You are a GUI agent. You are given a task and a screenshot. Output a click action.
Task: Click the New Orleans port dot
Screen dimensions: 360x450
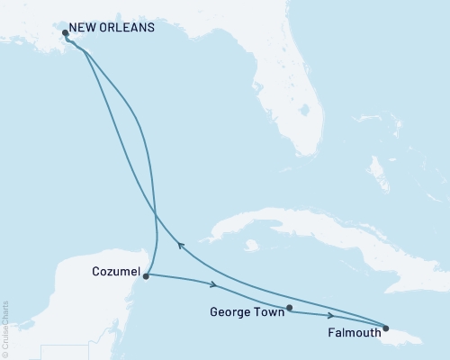point(65,34)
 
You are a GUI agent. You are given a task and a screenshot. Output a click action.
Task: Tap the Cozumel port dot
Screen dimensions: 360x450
point(146,276)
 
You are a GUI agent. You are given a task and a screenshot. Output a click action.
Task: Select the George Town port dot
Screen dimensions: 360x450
point(289,309)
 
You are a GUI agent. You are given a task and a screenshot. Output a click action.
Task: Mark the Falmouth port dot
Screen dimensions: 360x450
point(386,328)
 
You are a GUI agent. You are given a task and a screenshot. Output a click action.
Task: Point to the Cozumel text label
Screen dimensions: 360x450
point(115,271)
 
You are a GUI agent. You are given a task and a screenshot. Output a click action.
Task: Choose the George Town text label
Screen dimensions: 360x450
point(245,314)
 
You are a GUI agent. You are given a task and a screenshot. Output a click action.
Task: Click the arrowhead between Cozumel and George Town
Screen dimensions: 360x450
point(214,285)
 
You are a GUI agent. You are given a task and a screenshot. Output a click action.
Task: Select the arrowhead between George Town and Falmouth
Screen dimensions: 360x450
point(332,316)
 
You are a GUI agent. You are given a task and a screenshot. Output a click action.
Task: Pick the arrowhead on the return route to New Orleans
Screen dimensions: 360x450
point(180,243)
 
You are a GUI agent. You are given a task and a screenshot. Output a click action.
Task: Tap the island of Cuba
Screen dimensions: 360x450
point(297,225)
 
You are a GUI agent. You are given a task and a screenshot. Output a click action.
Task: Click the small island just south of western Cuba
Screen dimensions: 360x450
point(253,245)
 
